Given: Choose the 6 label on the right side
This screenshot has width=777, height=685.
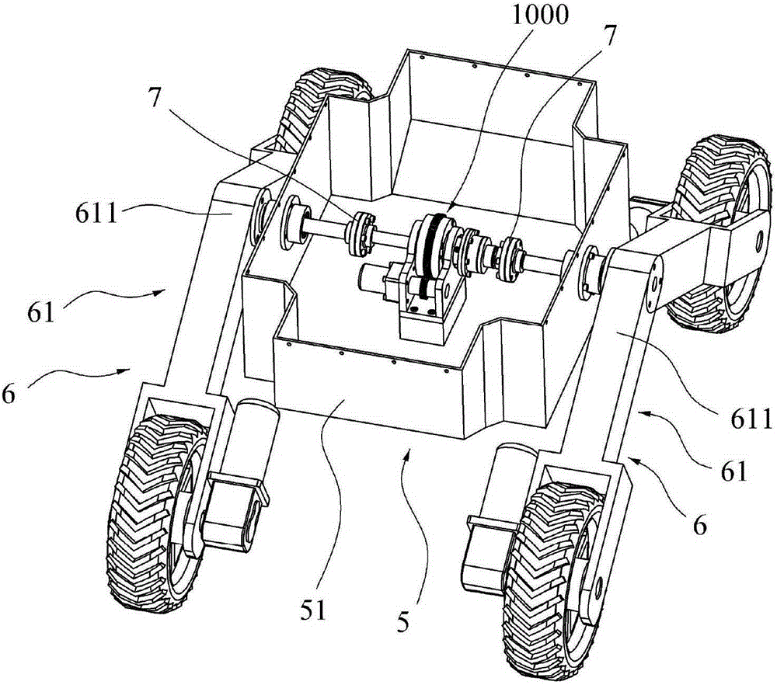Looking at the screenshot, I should click(x=699, y=526).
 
